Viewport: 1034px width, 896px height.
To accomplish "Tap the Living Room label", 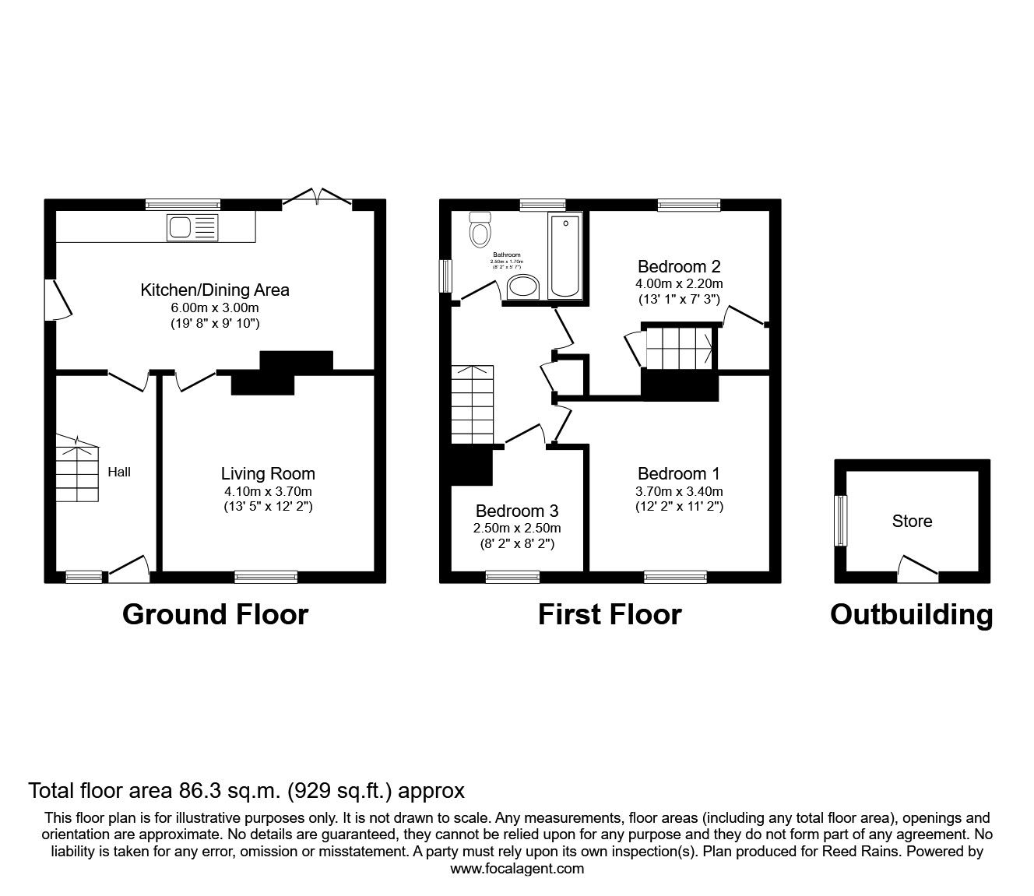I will (268, 473).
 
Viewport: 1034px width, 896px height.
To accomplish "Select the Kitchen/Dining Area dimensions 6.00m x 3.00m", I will (214, 307).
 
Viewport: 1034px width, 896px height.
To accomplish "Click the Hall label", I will (119, 472).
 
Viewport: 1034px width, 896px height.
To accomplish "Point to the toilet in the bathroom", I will (480, 230).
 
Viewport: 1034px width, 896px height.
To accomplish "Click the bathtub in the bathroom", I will (564, 256).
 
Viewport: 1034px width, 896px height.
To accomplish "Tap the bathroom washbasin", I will (522, 286).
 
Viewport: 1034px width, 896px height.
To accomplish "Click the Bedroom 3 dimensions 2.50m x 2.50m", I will (517, 529).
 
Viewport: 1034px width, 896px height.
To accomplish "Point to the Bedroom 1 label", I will (679, 473).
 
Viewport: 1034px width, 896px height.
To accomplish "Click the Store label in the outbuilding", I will (912, 522).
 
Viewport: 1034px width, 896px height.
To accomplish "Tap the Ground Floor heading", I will (215, 614).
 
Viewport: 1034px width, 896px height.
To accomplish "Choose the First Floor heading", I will (610, 614).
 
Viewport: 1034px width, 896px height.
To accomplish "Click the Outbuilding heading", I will (911, 614).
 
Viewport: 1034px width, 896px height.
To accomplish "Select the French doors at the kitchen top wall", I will (317, 198).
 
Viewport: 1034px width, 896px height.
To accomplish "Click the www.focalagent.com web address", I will (517, 869).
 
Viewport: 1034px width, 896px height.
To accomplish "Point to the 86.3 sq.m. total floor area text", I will (246, 791).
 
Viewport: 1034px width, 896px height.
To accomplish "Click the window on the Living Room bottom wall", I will (266, 577).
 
